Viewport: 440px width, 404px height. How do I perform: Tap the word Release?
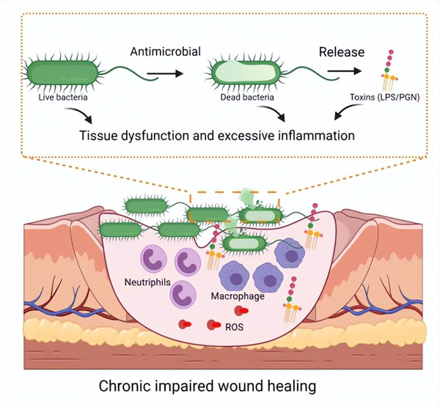[341, 53]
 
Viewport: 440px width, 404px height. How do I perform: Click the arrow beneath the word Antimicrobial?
[164, 73]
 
